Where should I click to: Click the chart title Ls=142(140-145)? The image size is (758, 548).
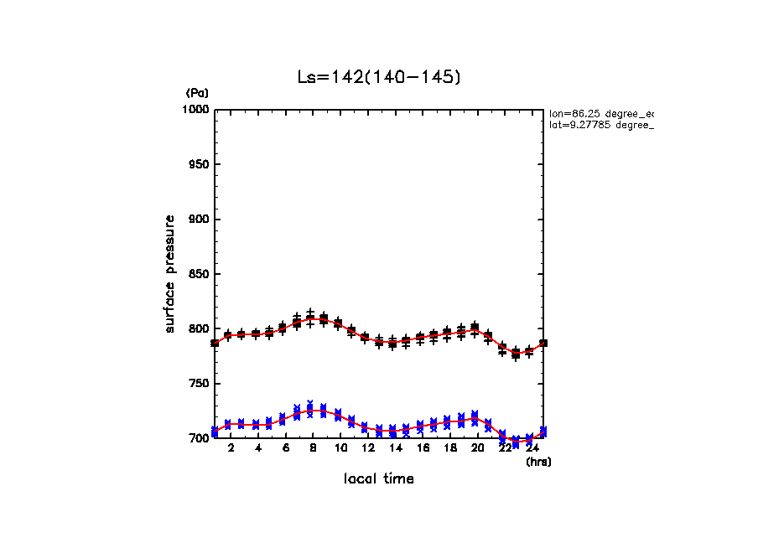pos(379,77)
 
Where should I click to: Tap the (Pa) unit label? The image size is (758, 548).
pos(197,93)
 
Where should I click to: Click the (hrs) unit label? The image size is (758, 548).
pos(537,462)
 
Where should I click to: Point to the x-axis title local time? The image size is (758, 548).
pos(379,479)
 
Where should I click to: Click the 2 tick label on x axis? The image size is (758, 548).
pos(231,448)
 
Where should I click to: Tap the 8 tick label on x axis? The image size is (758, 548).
pos(313,448)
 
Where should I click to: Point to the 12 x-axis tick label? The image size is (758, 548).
pos(367,448)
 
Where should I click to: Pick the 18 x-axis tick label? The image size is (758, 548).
pos(449,448)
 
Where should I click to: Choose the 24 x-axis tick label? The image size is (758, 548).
pos(532,448)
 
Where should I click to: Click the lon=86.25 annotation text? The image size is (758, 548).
pos(600,112)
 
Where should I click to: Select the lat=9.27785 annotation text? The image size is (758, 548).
pos(600,125)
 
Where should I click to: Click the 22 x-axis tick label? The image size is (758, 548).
pos(504,448)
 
